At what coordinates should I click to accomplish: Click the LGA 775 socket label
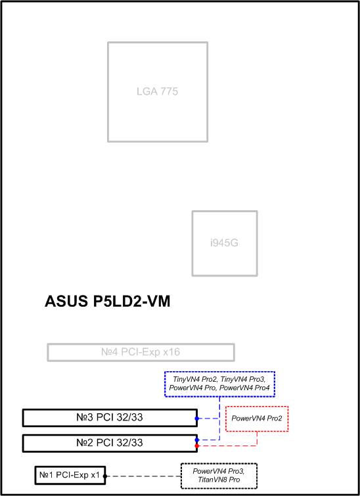tap(157, 91)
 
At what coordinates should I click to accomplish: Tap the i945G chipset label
tap(224, 243)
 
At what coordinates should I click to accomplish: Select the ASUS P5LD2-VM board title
tap(108, 301)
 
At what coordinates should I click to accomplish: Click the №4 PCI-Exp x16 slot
tap(141, 352)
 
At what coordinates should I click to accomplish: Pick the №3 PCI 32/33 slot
tap(110, 418)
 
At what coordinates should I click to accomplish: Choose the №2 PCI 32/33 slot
tap(110, 443)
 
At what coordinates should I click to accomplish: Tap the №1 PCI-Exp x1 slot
tap(70, 475)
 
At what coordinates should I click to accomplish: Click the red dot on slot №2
tap(197, 445)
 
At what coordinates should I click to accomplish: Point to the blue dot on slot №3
tap(197, 418)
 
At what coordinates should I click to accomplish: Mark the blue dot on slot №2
tap(197, 440)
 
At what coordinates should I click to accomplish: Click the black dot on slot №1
tap(105, 476)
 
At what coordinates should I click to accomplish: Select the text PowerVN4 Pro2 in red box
tap(257, 418)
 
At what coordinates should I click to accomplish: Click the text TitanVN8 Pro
tap(219, 480)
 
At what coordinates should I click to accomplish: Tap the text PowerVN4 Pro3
tap(219, 471)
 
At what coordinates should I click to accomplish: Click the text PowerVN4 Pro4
tap(244, 388)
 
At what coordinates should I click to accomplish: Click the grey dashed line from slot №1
tap(143, 476)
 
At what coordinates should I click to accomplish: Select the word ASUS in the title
tap(66, 301)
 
